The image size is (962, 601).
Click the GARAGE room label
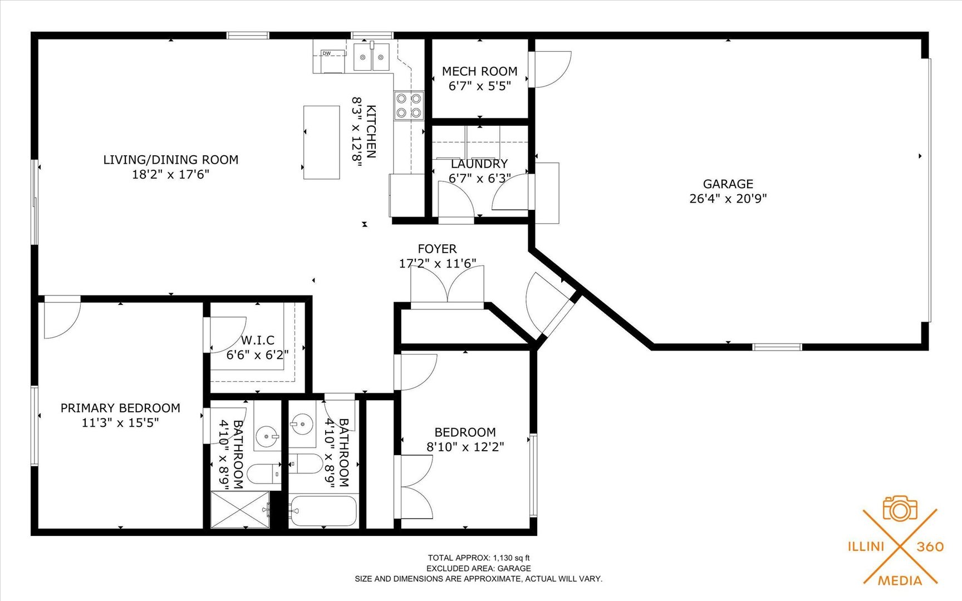point(728,184)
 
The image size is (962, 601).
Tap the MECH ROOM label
point(479,71)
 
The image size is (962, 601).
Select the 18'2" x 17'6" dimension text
point(170,174)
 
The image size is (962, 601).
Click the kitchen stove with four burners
point(409,105)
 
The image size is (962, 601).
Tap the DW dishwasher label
point(326,53)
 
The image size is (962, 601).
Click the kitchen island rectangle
point(321,142)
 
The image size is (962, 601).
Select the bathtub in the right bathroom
point(322,510)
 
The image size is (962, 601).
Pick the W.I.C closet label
point(257,340)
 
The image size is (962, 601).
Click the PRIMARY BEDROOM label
point(120,408)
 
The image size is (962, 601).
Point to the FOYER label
point(437,249)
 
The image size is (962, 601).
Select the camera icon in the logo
point(900,509)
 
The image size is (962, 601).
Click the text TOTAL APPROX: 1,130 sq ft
point(478,558)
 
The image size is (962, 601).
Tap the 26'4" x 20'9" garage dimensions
point(728,199)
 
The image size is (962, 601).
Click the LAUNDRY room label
point(479,164)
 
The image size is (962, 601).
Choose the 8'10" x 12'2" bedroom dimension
point(465,446)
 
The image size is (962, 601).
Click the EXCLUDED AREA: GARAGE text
point(478,568)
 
